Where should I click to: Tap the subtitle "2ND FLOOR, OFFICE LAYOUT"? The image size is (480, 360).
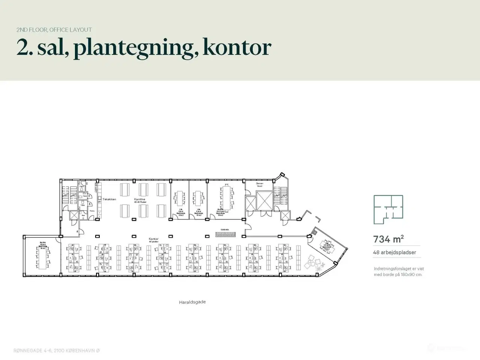point(54,30)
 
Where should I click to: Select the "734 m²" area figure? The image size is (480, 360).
point(388,238)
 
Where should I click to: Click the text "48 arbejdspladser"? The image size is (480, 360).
point(394,252)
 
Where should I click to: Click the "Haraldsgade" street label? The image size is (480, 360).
point(192,302)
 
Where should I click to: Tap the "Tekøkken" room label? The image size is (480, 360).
point(109,199)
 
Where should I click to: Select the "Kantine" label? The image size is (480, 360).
point(139,199)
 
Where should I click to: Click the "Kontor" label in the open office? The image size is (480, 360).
point(153,238)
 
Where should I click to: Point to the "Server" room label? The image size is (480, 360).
point(259,184)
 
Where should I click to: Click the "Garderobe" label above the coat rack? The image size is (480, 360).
point(225,229)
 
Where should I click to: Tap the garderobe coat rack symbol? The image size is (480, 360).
point(226,234)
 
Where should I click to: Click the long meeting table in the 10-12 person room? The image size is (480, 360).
point(226,196)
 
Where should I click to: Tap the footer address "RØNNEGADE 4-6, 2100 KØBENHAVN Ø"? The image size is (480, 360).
point(56,351)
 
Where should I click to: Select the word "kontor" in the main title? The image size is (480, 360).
point(237,48)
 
